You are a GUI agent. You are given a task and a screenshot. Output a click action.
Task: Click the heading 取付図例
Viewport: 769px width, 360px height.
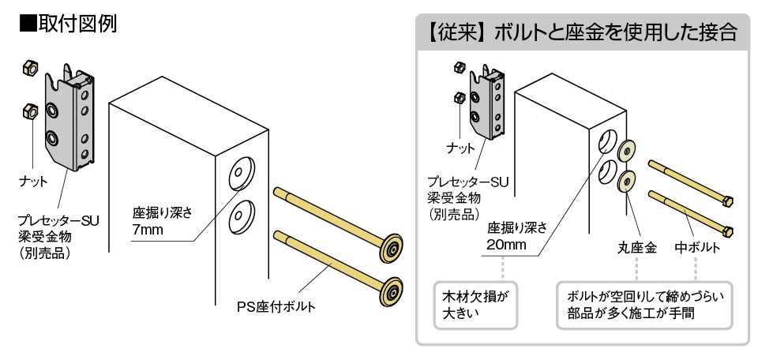(x=68, y=23)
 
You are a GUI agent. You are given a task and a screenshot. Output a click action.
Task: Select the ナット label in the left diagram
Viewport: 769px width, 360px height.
(x=33, y=181)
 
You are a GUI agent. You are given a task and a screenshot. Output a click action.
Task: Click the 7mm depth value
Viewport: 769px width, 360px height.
(x=148, y=231)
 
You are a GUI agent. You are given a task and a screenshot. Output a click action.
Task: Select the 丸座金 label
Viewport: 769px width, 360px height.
(x=636, y=248)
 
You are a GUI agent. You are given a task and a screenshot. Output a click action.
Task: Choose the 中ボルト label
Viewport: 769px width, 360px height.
(x=696, y=248)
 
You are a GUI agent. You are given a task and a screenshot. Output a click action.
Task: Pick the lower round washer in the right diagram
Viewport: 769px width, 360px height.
(x=626, y=181)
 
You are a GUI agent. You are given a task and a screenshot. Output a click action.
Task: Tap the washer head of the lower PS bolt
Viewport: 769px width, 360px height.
(x=392, y=293)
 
